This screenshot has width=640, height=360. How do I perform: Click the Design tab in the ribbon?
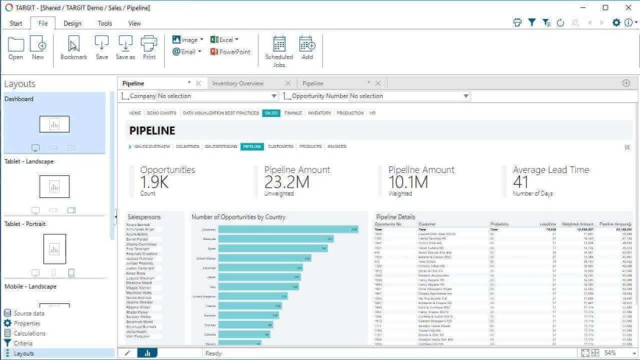(72, 23)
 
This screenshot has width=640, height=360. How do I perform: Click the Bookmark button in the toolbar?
(74, 48)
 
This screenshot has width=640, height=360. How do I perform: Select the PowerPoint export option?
(230, 52)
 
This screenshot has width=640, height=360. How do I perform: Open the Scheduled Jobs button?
(279, 51)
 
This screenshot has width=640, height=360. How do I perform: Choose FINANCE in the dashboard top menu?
(293, 113)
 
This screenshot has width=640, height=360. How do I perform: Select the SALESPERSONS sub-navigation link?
(221, 147)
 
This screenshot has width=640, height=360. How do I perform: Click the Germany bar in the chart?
(288, 230)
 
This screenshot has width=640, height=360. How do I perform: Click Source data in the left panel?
(29, 314)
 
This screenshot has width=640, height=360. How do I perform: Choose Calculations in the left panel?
(29, 333)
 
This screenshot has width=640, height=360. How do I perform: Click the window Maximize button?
(605, 7)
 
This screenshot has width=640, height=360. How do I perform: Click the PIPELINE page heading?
(152, 130)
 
